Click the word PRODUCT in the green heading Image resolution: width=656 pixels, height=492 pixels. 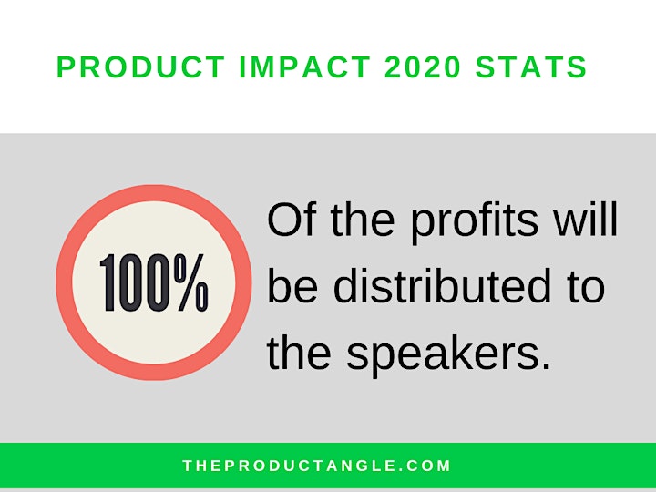[141, 67]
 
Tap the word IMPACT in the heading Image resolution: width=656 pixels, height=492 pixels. [304, 67]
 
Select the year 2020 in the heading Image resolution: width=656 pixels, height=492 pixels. [423, 67]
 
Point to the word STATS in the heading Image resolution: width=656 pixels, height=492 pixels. [531, 67]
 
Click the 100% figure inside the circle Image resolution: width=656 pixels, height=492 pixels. [154, 282]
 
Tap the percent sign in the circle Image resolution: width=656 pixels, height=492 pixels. [191, 282]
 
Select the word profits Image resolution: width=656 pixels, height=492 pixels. [474, 223]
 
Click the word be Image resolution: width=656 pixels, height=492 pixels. [292, 286]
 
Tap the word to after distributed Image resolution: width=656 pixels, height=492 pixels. [586, 288]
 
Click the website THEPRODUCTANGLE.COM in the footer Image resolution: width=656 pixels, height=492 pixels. [317, 466]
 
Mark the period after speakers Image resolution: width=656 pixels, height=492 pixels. [545, 365]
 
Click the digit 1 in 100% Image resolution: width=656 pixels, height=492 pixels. [108, 282]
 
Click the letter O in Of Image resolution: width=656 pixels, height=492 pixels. [284, 220]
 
